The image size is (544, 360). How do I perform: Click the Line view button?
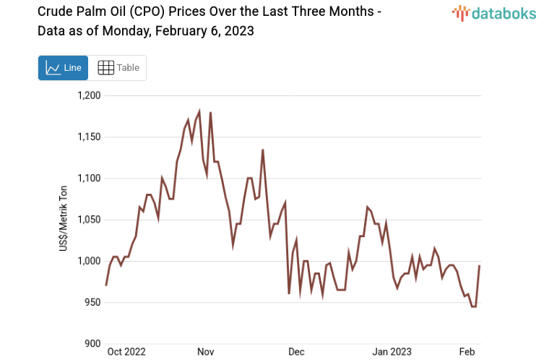[63, 68]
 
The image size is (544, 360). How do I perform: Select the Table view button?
[118, 68]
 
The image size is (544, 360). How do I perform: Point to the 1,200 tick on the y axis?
[89, 95]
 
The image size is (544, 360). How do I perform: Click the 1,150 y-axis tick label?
[89, 137]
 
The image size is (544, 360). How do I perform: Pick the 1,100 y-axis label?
[89, 179]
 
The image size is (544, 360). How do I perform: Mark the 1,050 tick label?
[89, 220]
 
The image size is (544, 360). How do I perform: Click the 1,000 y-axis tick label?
[89, 261]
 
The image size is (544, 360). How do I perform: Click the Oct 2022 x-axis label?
[126, 352]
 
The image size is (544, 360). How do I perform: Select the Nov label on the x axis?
[206, 352]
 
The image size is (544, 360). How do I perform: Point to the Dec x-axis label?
[296, 352]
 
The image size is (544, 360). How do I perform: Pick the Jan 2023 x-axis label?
[392, 352]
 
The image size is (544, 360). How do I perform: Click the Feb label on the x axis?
[467, 352]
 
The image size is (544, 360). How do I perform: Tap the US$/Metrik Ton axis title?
[64, 219]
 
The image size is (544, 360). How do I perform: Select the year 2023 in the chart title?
[238, 31]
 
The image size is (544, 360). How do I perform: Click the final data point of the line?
[480, 266]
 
